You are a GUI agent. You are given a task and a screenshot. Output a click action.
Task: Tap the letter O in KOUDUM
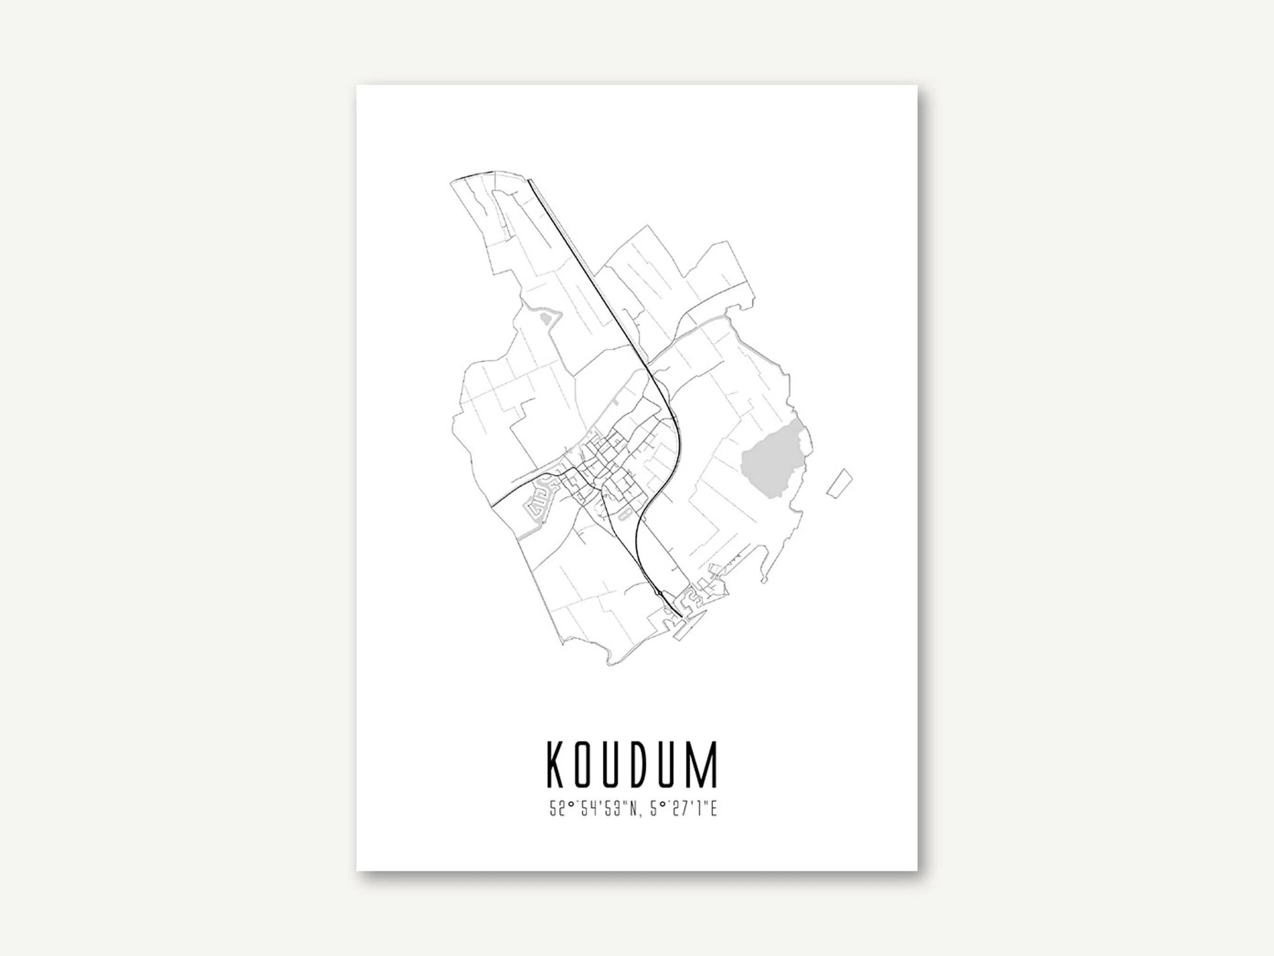[x=587, y=765]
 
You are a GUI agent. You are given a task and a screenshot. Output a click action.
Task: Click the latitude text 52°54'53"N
[x=593, y=810]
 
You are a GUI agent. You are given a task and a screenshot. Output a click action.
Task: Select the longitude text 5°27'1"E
[x=684, y=810]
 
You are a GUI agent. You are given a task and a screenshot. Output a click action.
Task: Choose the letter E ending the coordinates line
[x=712, y=810]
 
